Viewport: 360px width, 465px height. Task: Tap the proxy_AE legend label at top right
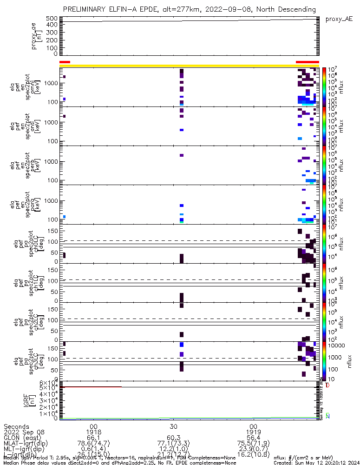(x=339, y=19)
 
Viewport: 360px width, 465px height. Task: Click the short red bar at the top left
(x=65, y=62)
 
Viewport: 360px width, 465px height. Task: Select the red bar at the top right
(x=307, y=62)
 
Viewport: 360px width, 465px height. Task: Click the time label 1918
(x=93, y=433)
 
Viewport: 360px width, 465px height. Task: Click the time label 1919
(x=253, y=433)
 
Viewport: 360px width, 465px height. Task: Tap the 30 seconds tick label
(x=173, y=426)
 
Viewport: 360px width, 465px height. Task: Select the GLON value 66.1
(x=93, y=439)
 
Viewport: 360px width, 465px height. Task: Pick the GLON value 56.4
(x=253, y=439)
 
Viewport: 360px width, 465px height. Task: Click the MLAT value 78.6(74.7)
(x=93, y=445)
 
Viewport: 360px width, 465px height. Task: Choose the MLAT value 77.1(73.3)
(x=173, y=445)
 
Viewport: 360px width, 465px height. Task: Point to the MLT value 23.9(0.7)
(x=253, y=451)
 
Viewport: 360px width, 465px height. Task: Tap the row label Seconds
(x=16, y=426)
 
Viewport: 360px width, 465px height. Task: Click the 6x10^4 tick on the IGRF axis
(x=48, y=383)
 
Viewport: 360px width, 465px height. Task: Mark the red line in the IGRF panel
(x=93, y=386)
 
